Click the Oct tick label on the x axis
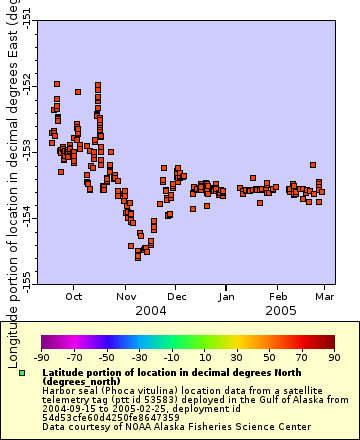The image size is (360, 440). (x=74, y=296)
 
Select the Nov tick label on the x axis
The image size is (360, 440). (x=126, y=296)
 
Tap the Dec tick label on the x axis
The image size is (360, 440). (x=176, y=296)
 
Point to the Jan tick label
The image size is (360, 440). (x=227, y=296)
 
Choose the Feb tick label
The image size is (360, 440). (x=279, y=296)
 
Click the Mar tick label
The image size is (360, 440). (x=325, y=296)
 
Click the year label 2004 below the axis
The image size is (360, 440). (x=151, y=311)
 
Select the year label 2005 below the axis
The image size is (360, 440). (x=279, y=311)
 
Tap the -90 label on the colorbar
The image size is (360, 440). (x=41, y=356)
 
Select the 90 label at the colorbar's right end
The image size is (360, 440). (x=334, y=356)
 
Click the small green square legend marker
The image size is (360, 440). (x=21, y=373)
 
